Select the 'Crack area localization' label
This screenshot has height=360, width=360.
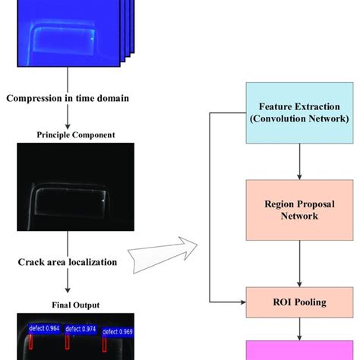coord(68,262)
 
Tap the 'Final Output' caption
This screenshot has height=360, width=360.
coord(68,305)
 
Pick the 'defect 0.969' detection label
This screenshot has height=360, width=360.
coord(117,332)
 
